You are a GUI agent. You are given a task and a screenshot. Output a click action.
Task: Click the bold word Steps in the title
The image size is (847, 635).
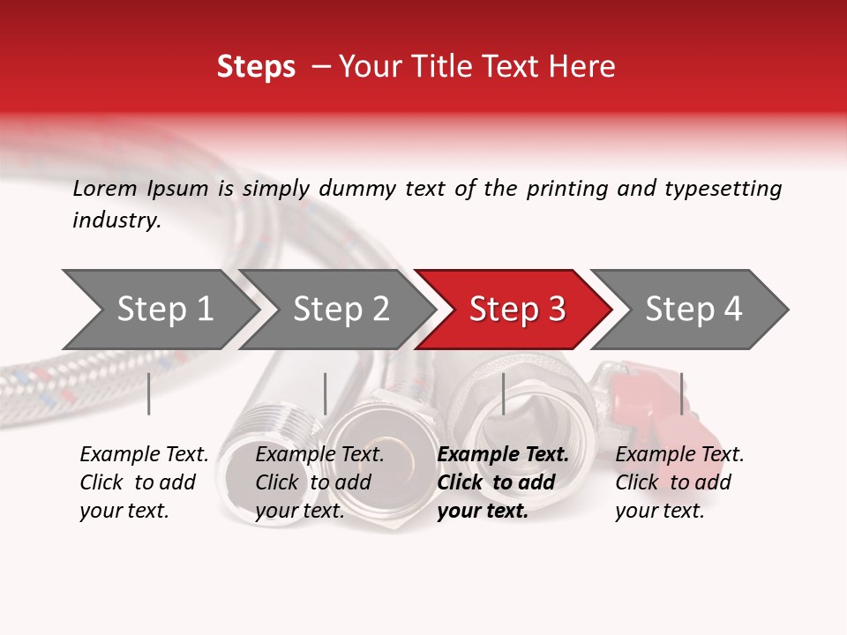(x=256, y=67)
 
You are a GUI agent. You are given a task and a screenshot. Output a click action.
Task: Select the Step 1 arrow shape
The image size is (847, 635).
(x=159, y=310)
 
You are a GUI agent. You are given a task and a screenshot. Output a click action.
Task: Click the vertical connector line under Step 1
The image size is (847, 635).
(x=149, y=393)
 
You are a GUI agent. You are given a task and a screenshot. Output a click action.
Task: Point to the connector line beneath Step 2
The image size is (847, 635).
(x=326, y=393)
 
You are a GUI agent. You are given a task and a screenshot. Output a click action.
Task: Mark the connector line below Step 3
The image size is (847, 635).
(x=504, y=393)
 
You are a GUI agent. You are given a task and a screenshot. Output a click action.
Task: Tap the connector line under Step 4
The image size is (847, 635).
(x=681, y=393)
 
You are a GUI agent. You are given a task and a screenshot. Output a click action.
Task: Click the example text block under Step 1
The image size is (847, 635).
(x=144, y=482)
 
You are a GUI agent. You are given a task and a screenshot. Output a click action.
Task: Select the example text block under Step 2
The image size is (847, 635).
(x=319, y=482)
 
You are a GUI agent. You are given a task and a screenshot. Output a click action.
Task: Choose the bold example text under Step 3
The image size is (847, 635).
(x=503, y=482)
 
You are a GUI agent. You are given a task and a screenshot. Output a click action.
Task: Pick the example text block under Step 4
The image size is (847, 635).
(x=679, y=482)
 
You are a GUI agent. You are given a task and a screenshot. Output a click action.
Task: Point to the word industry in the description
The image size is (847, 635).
(x=116, y=220)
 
